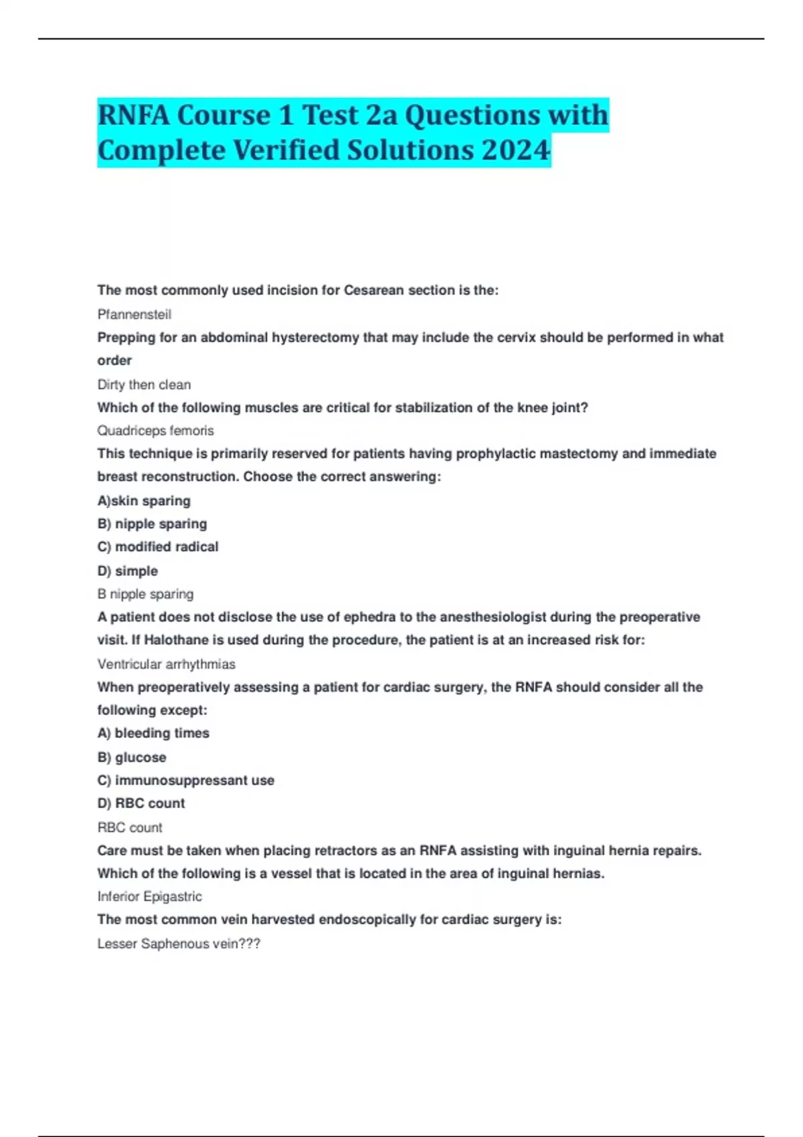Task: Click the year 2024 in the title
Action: [x=515, y=150]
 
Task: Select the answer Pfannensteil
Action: [x=134, y=314]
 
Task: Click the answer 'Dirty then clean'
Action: [x=144, y=385]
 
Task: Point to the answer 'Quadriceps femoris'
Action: [x=155, y=431]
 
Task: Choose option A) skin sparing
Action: [x=144, y=501]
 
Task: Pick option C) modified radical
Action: [x=158, y=547]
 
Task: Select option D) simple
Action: [x=128, y=571]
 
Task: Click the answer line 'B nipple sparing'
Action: [x=145, y=594]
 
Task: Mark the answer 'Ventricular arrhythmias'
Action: [x=166, y=664]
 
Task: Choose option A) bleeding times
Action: [x=153, y=733]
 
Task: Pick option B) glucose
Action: [x=132, y=758]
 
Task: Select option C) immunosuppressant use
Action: [x=185, y=781]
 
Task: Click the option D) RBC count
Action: [x=141, y=803]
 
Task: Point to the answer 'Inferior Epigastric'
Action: [x=149, y=896]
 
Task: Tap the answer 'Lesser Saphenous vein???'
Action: [x=179, y=944]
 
